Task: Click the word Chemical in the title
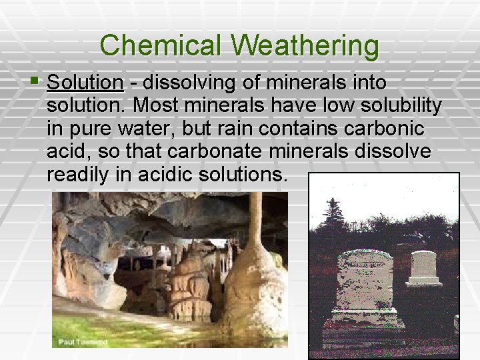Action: pyautogui.click(x=164, y=46)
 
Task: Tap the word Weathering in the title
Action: pyautogui.click(x=307, y=46)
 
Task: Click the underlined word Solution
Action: pyautogui.click(x=85, y=83)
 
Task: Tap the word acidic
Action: pyautogui.click(x=171, y=175)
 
